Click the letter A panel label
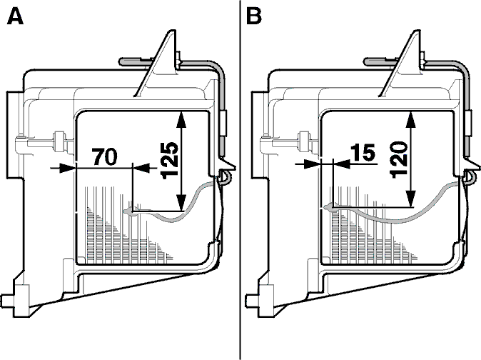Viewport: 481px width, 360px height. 15,16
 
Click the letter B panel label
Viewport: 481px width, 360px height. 253,16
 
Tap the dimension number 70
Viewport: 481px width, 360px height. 105,157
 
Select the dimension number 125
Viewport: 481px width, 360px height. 170,160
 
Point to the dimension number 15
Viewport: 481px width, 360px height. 364,152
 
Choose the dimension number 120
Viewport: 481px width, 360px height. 399,159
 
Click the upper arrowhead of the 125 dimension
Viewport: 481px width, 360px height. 181,119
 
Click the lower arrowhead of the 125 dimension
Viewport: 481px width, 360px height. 181,203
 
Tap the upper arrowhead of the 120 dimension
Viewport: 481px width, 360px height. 410,119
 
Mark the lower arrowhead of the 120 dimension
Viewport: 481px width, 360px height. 410,199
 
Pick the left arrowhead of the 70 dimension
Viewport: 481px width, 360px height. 68,168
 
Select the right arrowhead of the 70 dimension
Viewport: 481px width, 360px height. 141,168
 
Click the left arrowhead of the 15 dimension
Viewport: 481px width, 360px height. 312,164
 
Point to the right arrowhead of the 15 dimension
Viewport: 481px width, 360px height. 341,164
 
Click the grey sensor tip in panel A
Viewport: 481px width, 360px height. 130,211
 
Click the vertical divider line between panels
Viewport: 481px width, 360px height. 241,180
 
